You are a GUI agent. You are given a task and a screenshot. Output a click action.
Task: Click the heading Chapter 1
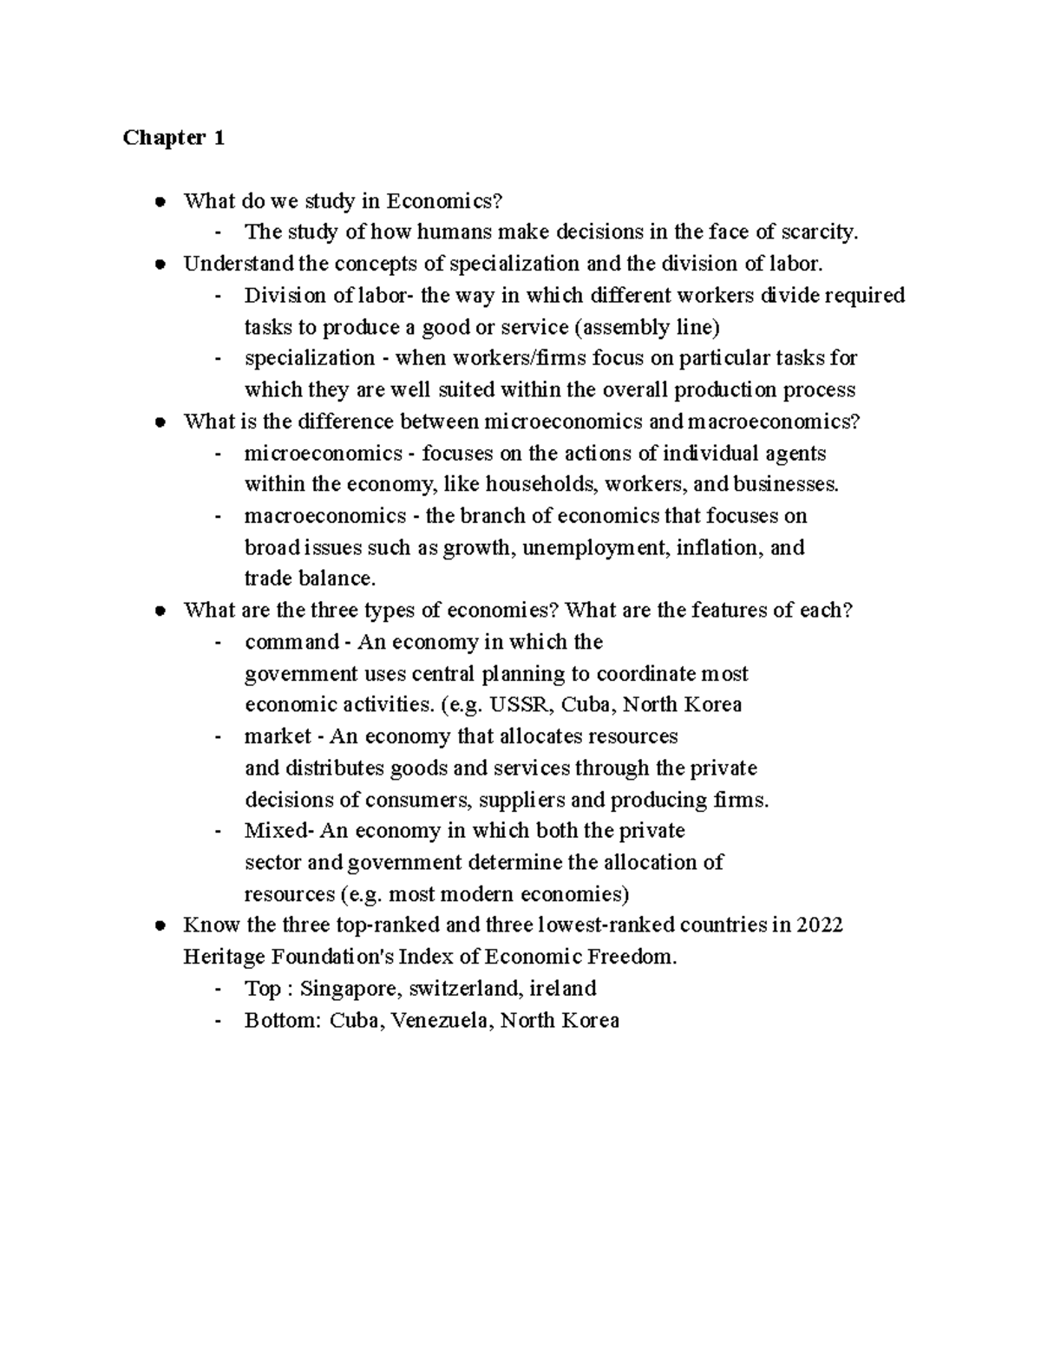173,138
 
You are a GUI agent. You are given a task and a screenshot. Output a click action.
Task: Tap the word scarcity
819,232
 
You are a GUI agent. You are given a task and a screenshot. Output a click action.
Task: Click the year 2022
820,925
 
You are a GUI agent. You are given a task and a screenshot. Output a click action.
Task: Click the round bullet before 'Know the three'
160,925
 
